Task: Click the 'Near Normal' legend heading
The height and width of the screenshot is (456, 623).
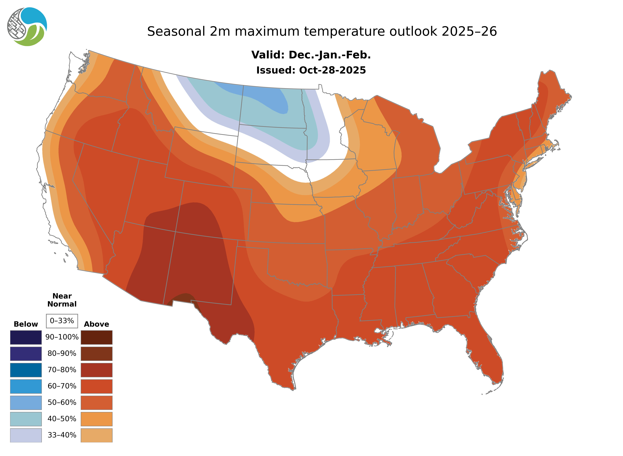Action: pyautogui.click(x=62, y=300)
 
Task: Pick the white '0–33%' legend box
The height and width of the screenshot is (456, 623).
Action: pyautogui.click(x=62, y=321)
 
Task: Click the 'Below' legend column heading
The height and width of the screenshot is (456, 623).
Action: pyautogui.click(x=26, y=324)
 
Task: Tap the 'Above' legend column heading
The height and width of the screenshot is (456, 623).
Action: pyautogui.click(x=96, y=324)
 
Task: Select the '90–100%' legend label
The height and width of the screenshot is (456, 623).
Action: pyautogui.click(x=62, y=337)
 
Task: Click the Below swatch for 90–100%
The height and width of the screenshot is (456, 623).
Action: pyautogui.click(x=26, y=337)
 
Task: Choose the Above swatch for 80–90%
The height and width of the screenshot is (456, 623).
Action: pyautogui.click(x=96, y=354)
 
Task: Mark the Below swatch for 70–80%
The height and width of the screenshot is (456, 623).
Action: pyautogui.click(x=26, y=370)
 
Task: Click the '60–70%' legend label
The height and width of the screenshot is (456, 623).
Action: pyautogui.click(x=62, y=386)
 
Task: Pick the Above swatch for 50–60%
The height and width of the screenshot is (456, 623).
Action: pyautogui.click(x=96, y=402)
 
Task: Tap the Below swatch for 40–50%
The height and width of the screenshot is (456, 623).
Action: pyautogui.click(x=26, y=419)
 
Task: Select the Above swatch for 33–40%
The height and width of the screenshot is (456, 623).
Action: pyautogui.click(x=96, y=435)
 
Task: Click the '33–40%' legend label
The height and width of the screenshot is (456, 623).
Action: pyautogui.click(x=62, y=435)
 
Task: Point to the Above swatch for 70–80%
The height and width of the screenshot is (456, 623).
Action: pyautogui.click(x=96, y=370)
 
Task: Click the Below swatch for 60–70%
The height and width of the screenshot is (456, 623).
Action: pyautogui.click(x=26, y=386)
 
